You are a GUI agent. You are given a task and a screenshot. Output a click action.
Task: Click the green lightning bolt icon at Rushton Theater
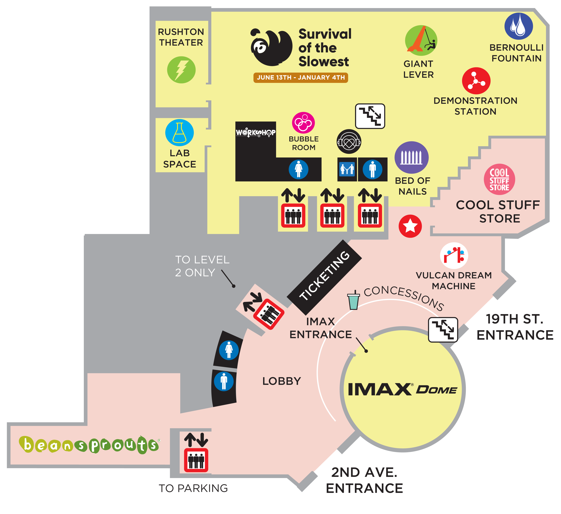[x=181, y=70]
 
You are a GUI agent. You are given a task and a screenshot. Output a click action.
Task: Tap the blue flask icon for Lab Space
[x=180, y=133]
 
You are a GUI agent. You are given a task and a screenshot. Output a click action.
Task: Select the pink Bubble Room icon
[x=303, y=123]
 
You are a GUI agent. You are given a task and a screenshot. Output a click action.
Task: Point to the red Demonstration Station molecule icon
[x=476, y=81]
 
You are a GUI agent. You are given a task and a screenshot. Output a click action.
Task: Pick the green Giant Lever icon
[x=421, y=40]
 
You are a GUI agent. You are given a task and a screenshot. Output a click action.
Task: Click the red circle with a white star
[x=410, y=226]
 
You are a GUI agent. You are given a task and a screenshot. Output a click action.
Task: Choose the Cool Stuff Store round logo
[x=499, y=179]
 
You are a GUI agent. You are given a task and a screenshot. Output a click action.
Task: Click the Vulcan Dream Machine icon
[x=454, y=255]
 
